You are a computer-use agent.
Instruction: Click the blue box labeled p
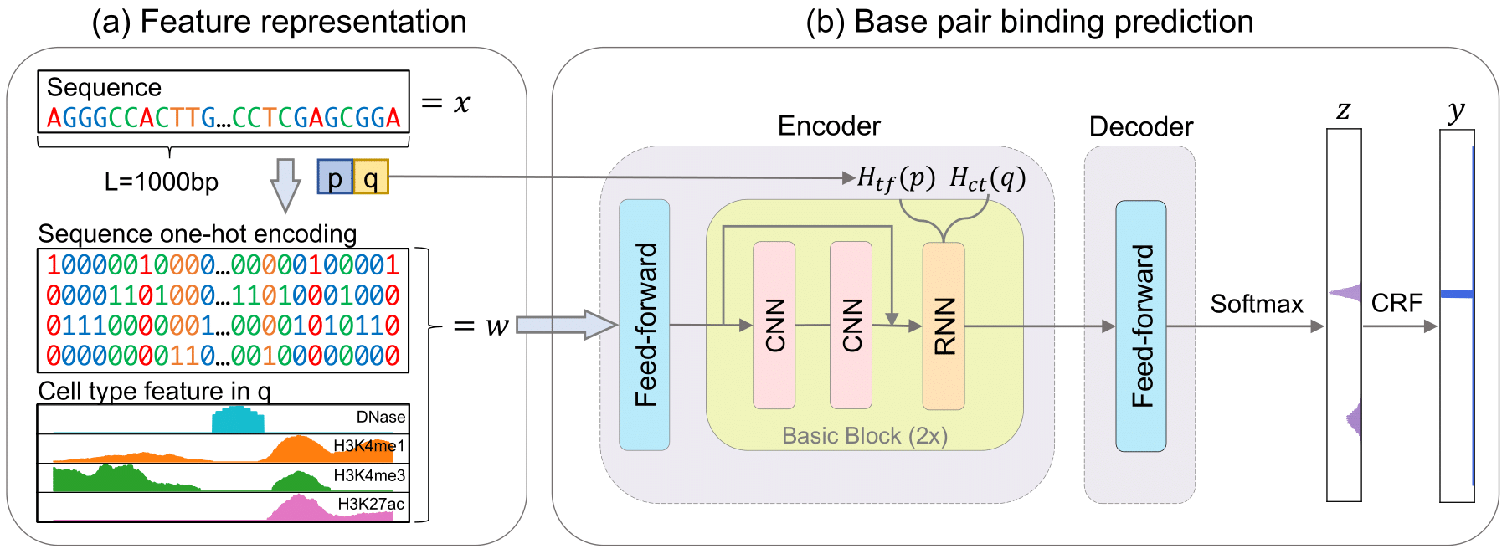click(x=335, y=177)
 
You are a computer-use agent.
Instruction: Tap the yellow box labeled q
click(x=371, y=177)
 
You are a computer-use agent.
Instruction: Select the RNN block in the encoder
click(x=944, y=326)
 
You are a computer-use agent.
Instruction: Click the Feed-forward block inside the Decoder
click(x=1141, y=326)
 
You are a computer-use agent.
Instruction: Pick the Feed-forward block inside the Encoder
click(x=644, y=325)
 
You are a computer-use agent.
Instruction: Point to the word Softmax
click(x=1257, y=304)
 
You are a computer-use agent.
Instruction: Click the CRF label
click(x=1396, y=303)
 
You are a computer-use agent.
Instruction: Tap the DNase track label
click(x=381, y=417)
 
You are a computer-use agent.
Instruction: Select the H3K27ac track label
click(x=371, y=504)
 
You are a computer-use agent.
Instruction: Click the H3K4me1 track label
click(x=369, y=446)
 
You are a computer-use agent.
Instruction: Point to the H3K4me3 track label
click(x=369, y=475)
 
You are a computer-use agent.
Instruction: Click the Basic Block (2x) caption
click(x=865, y=436)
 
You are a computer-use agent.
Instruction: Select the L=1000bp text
click(x=161, y=182)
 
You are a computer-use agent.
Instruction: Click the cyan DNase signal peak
click(x=238, y=419)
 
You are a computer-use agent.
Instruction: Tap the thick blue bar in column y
click(x=1457, y=294)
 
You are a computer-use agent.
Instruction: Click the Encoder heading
click(x=829, y=126)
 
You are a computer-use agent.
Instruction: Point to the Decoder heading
click(x=1140, y=127)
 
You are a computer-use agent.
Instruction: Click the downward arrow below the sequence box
click(x=285, y=185)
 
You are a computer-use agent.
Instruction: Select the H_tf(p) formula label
click(x=896, y=178)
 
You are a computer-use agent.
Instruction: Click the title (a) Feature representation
click(x=279, y=22)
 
